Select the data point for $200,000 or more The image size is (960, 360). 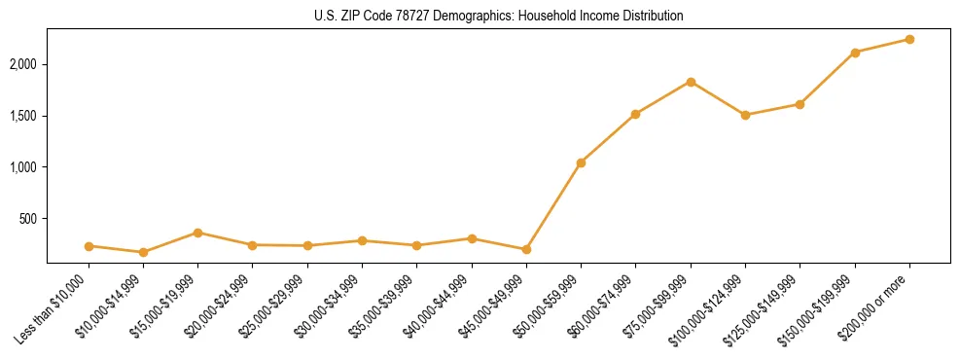[x=909, y=39]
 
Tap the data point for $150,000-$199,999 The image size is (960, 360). [x=855, y=53]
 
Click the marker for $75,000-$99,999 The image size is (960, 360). [x=691, y=82]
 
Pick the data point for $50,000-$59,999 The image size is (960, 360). [x=581, y=162]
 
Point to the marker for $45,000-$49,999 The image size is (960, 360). [x=526, y=249]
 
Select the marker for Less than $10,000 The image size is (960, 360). [x=89, y=246]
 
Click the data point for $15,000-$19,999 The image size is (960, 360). [x=197, y=233]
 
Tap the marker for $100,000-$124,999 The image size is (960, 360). [x=745, y=115]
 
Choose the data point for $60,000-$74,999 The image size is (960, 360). [x=635, y=114]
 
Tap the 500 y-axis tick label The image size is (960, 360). [x=28, y=219]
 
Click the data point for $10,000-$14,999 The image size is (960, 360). [x=143, y=252]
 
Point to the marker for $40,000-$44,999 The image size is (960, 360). [x=472, y=238]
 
